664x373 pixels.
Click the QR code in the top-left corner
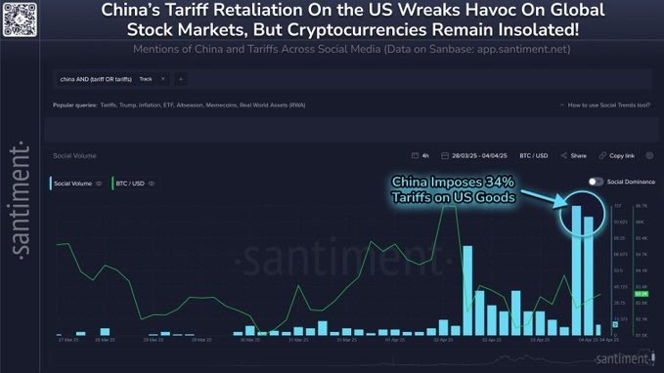tap(19, 19)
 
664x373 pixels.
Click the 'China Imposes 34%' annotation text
tap(452, 182)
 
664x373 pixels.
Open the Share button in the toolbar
tap(574, 155)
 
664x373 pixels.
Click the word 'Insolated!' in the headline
tap(534, 30)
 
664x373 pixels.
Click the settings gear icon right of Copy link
tap(649, 155)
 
